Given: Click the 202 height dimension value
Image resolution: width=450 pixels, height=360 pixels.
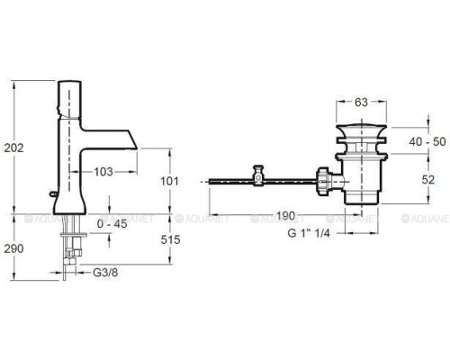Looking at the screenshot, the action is tap(13, 148).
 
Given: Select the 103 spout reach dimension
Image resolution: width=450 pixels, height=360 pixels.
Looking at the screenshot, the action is tap(103, 172).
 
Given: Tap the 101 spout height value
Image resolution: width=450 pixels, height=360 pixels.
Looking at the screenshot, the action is tap(169, 181).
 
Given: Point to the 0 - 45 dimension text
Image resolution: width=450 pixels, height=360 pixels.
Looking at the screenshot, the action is tap(112, 224).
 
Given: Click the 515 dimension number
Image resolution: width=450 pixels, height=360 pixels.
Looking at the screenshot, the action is tap(170, 239).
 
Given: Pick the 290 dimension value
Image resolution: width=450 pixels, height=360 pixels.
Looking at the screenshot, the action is tap(13, 248).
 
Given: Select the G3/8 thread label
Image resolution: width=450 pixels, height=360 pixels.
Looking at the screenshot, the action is tap(105, 273).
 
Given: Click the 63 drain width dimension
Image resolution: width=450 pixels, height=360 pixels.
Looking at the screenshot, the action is tap(361, 103).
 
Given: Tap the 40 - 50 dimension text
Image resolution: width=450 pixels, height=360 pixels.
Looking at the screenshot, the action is tap(427, 141).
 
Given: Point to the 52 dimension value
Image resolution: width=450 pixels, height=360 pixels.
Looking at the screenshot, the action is tap(428, 180).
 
